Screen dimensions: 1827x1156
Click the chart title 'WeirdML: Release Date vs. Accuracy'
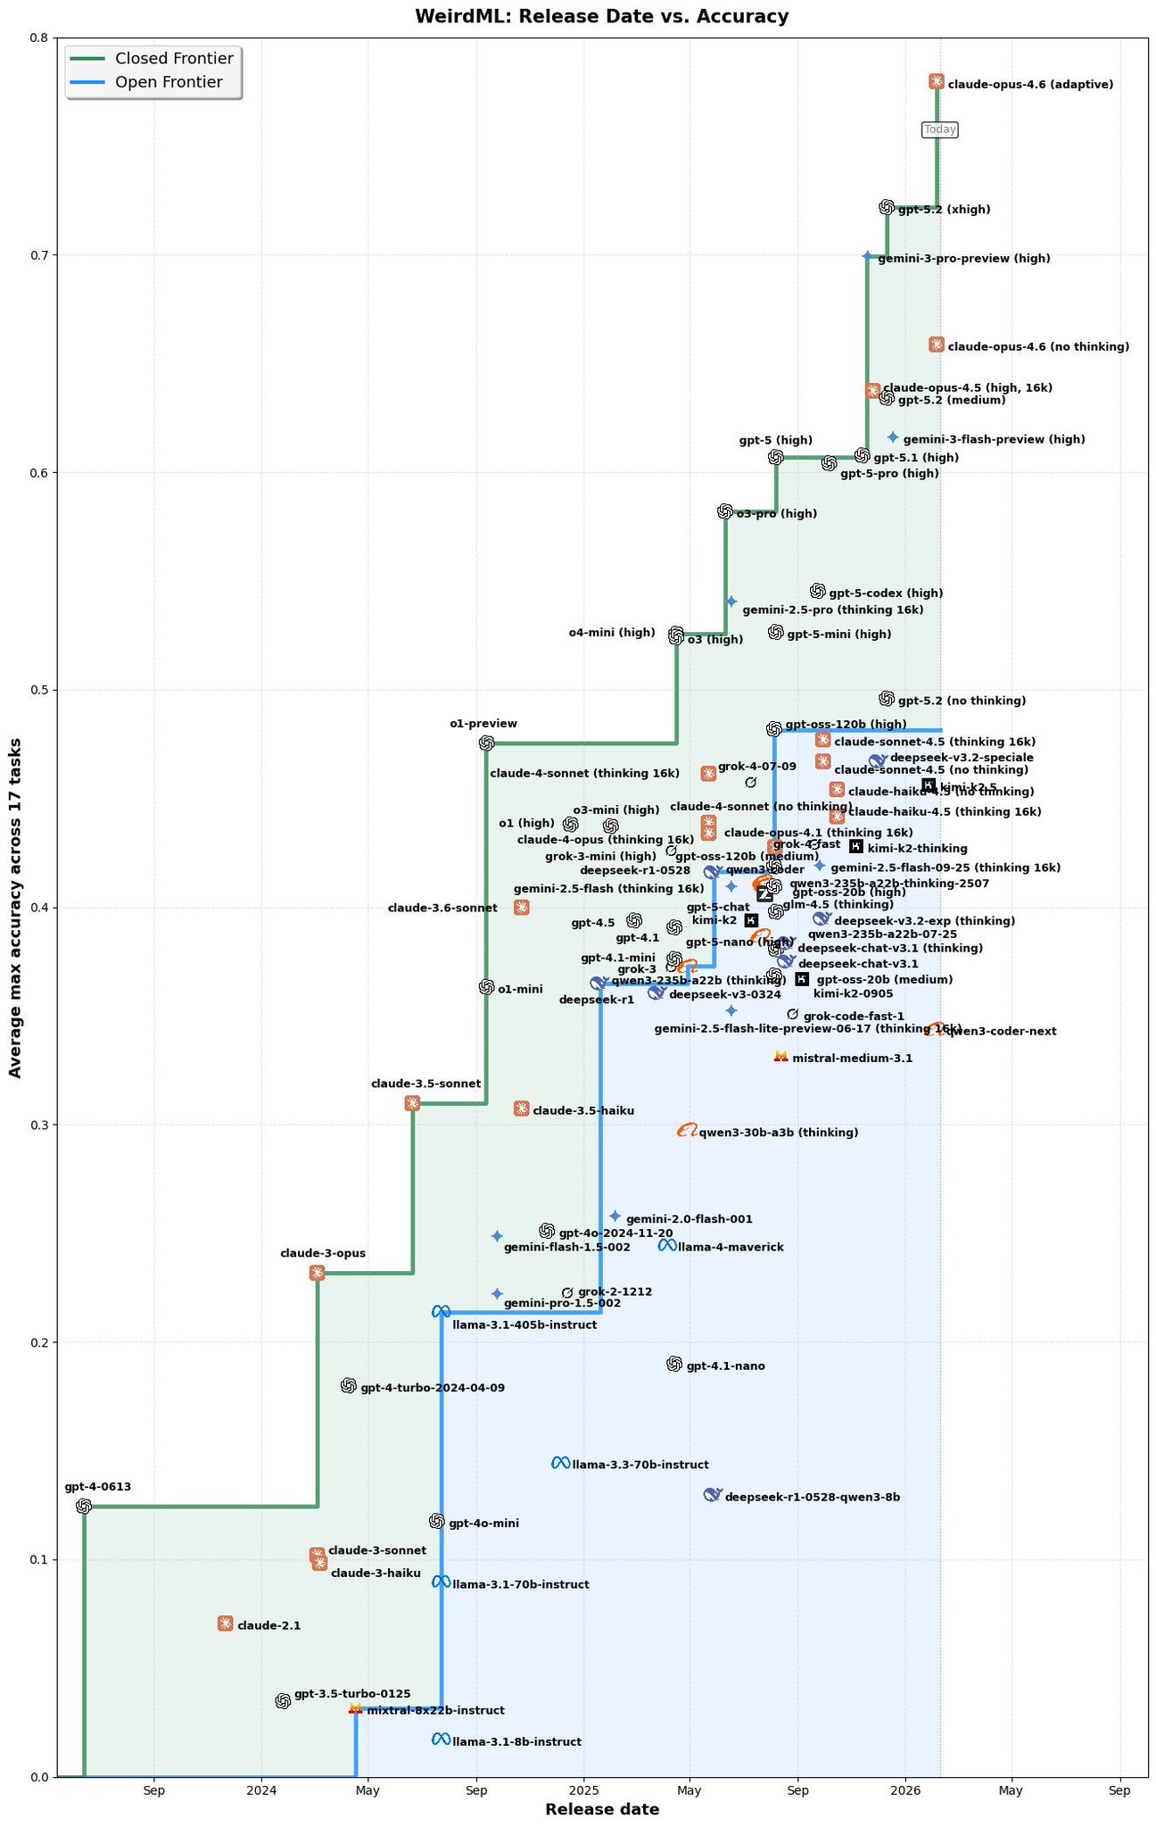[589, 16]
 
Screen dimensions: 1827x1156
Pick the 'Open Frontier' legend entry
[169, 83]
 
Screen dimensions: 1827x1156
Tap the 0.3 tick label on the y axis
[38, 1125]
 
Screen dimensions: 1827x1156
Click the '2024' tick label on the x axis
[261, 1790]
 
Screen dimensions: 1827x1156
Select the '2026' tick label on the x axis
[905, 1790]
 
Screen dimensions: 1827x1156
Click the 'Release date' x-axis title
[602, 1810]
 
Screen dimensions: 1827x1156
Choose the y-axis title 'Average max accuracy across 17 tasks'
[15, 907]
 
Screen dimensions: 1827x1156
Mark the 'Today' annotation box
[940, 130]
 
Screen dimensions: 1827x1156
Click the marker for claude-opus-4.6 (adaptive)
[937, 81]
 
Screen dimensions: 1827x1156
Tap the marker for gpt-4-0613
[84, 1507]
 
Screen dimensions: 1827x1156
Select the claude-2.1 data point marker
[226, 1624]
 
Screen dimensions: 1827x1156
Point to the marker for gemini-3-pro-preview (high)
[867, 256]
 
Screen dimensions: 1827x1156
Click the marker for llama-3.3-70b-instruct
[560, 1463]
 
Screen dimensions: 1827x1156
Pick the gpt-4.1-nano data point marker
[674, 1364]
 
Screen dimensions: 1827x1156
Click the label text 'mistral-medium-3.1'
[852, 1059]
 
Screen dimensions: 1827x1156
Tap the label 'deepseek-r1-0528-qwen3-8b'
[812, 1498]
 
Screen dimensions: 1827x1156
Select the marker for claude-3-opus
[317, 1273]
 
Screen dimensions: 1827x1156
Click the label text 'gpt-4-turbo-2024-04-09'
[432, 1388]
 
